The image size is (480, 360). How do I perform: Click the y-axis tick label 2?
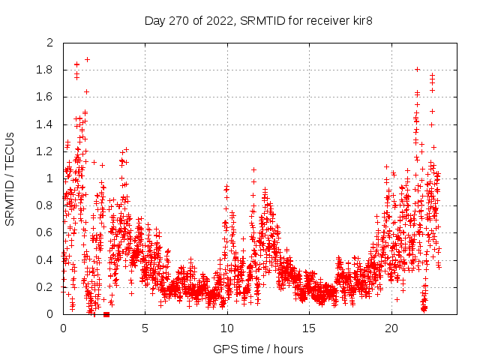pyautogui.click(x=49, y=43)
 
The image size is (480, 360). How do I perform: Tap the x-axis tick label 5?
pyautogui.click(x=145, y=328)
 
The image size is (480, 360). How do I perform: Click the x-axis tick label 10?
pyautogui.click(x=227, y=328)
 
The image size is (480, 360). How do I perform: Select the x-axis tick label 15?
pyautogui.click(x=309, y=328)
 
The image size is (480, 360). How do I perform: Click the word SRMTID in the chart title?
pyautogui.click(x=257, y=20)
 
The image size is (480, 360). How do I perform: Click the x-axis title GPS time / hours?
pyautogui.click(x=258, y=349)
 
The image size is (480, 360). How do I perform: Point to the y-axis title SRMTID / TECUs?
pyautogui.click(x=10, y=178)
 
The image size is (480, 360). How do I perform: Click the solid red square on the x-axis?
pyautogui.click(x=106, y=314)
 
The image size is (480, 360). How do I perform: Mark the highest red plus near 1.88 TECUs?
pyautogui.click(x=87, y=59)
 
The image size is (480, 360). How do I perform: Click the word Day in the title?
pyautogui.click(x=154, y=20)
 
